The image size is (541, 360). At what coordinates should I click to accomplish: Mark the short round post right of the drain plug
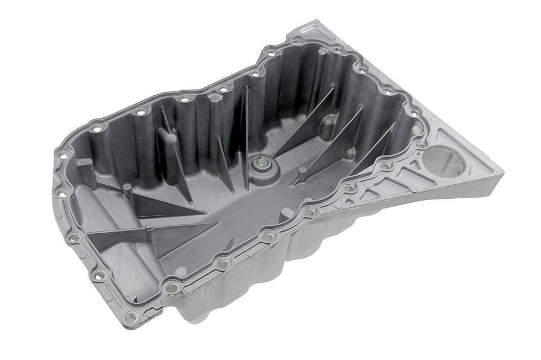(x=303, y=171)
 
